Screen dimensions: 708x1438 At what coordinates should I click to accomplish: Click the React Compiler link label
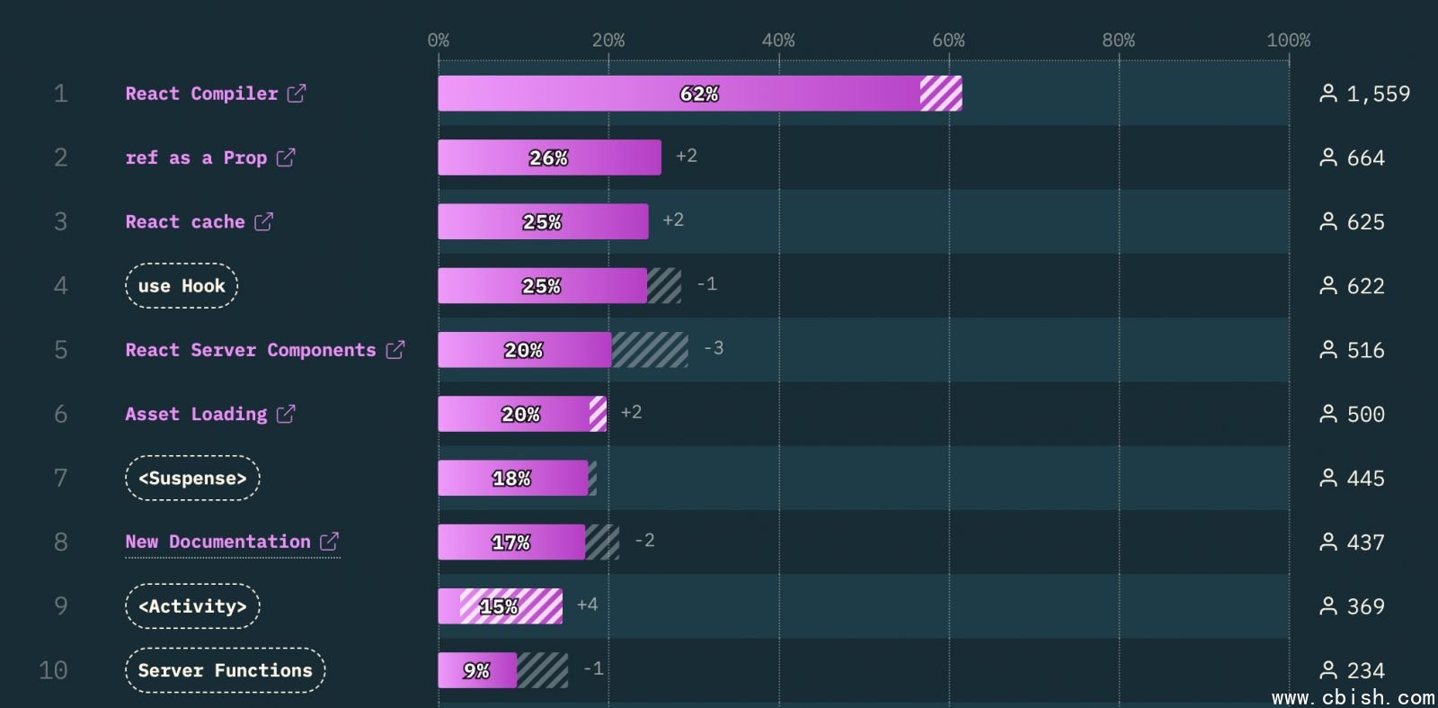point(201,94)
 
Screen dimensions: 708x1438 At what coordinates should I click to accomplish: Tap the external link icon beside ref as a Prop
point(286,157)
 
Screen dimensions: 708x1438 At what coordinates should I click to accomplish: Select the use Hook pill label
point(182,286)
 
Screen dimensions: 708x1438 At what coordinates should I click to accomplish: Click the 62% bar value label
point(699,94)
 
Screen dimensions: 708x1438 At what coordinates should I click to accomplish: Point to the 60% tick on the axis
point(948,40)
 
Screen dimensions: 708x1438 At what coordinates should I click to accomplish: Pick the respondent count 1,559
point(1378,94)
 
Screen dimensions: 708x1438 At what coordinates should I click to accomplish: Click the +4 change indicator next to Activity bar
point(587,605)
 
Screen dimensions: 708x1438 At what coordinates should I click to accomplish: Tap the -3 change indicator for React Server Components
point(714,348)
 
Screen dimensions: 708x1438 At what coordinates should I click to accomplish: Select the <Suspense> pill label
point(192,479)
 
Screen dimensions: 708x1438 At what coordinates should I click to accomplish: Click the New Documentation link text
point(218,542)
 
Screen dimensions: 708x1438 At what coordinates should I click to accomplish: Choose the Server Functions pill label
point(225,670)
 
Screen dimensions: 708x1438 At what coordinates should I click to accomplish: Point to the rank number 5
point(60,350)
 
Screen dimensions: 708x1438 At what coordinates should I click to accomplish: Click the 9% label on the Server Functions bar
point(476,670)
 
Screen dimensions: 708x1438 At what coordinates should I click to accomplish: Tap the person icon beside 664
point(1327,157)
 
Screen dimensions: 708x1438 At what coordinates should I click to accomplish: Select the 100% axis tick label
point(1288,40)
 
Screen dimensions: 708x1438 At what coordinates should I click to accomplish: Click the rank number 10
point(53,670)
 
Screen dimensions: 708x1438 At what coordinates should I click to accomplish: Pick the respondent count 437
point(1365,542)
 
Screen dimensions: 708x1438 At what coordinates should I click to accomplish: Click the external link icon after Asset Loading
point(286,414)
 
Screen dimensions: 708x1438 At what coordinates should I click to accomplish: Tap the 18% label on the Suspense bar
point(511,479)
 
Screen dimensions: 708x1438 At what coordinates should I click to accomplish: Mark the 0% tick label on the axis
point(439,40)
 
